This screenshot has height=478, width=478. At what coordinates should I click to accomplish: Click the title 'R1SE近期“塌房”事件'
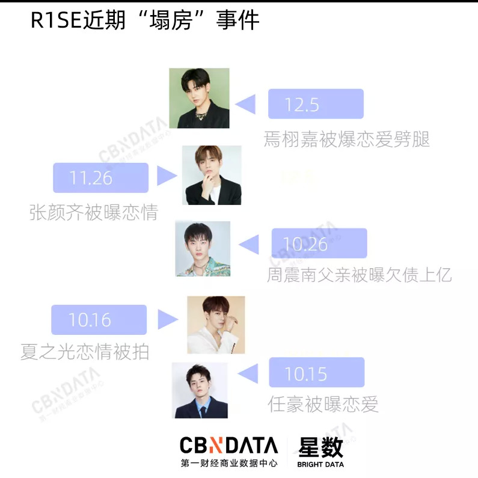[x=145, y=21]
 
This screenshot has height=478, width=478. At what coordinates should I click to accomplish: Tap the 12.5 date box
[x=316, y=103]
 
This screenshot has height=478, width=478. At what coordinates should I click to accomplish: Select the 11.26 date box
[x=100, y=177]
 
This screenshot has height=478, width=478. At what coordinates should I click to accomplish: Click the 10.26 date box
[x=319, y=244]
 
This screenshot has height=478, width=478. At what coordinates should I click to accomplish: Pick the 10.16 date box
[x=99, y=320]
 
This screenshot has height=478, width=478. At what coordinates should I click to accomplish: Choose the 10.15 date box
[x=316, y=373]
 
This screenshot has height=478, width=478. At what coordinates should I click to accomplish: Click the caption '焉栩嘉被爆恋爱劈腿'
[x=347, y=139]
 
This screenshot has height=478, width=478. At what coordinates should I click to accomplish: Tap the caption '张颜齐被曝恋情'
[x=93, y=212]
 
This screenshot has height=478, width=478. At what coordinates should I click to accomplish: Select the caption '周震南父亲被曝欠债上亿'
[x=359, y=275]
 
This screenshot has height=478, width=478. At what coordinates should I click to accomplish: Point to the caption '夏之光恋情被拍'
[x=84, y=351]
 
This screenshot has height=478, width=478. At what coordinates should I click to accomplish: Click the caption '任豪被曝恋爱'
[x=323, y=404]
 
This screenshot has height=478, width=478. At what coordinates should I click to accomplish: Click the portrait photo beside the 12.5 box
[x=199, y=97]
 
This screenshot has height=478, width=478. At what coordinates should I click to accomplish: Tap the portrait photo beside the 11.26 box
[x=212, y=175]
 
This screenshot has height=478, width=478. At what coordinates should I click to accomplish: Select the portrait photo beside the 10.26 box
[x=203, y=249]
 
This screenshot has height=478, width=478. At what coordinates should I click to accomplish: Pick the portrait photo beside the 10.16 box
[x=216, y=325]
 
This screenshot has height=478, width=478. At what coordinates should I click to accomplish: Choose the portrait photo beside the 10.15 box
[x=200, y=390]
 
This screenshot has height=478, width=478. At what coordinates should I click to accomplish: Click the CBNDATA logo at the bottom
[x=229, y=446]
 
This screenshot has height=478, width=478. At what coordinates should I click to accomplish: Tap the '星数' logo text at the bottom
[x=320, y=446]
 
